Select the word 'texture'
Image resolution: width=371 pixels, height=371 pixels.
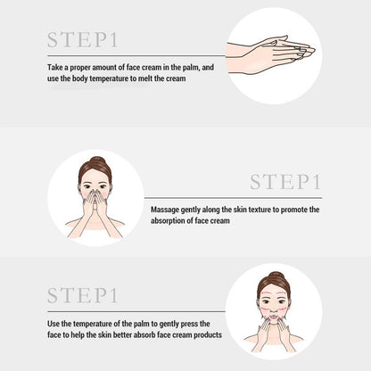tap(251, 210)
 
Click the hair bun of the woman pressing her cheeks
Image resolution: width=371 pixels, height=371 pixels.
tap(274, 276)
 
